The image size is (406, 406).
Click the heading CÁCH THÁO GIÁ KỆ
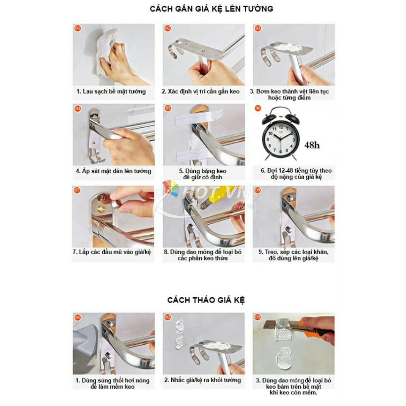click(206, 300)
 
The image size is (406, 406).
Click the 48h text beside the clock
click(312, 145)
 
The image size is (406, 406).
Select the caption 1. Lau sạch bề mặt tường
click(111, 91)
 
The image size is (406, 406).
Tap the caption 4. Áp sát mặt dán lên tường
click(113, 171)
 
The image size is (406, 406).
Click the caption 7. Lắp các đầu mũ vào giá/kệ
click(112, 252)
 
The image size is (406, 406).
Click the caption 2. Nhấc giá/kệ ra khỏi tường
click(203, 380)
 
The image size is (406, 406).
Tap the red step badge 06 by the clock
click(258, 108)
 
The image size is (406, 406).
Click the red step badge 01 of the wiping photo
click(77, 29)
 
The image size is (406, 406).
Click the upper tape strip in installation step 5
click(199, 116)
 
